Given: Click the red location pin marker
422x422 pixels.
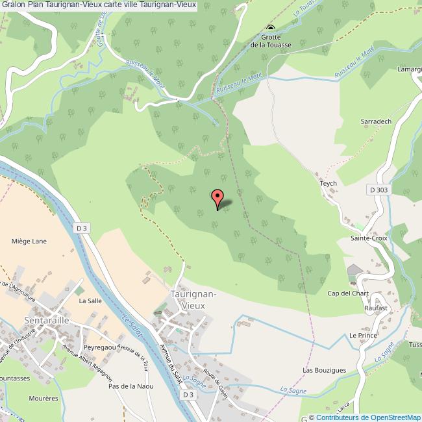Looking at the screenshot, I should [x=217, y=199].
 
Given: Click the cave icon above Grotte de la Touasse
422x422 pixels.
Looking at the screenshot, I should [x=270, y=28].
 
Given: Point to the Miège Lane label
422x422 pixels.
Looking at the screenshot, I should [x=29, y=242].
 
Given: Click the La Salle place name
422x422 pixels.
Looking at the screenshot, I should [x=90, y=301].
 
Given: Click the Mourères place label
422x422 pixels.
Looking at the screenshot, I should [x=43, y=397].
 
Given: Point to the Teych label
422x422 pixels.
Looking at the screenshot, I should [x=329, y=184].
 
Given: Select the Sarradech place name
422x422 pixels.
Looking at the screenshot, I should [x=376, y=121].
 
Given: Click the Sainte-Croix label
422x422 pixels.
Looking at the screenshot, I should [x=369, y=238].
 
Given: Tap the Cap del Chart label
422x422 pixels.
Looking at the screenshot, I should [x=343, y=293].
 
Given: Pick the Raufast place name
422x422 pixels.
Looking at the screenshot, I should [x=375, y=308].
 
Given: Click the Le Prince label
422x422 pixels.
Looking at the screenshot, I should [x=363, y=335].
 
